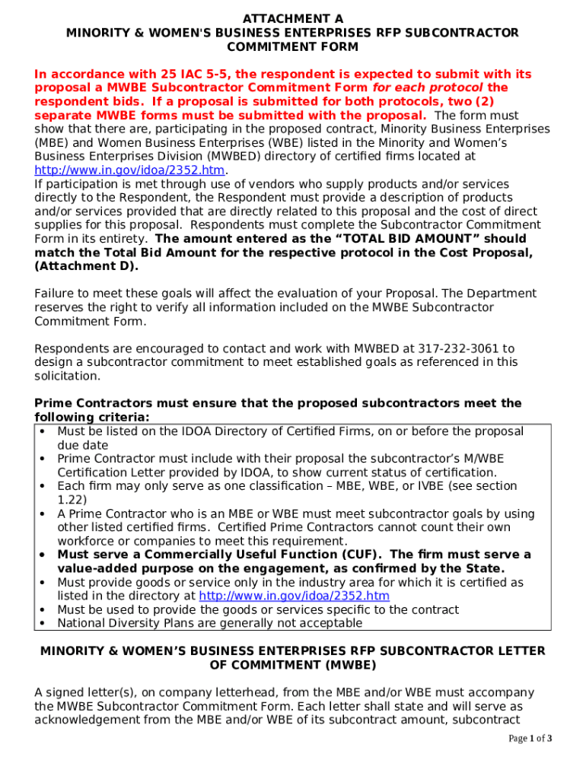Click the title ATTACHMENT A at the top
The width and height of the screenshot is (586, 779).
tap(293, 18)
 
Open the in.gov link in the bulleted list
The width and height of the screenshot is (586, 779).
tap(294, 596)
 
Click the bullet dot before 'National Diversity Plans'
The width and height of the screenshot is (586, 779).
tap(43, 623)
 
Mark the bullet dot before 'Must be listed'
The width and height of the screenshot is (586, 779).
tap(43, 431)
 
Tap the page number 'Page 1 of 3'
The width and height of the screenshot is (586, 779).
tap(530, 739)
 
